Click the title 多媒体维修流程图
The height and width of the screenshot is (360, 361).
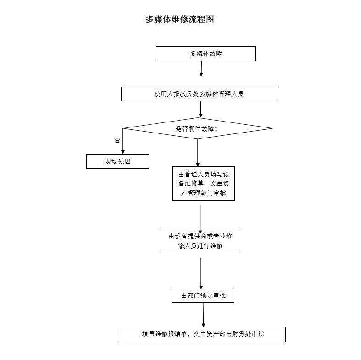point(180,19)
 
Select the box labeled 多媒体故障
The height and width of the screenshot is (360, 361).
point(206,54)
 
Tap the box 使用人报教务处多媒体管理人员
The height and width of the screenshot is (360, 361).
point(199,94)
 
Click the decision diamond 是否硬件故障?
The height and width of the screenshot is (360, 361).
point(198,128)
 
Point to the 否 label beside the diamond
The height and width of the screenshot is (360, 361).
point(117,140)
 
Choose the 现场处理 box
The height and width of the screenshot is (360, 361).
point(117,161)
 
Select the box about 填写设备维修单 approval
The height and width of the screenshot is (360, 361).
point(204,184)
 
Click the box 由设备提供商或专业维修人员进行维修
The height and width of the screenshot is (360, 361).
point(200,241)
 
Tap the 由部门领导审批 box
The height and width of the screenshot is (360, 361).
point(203,295)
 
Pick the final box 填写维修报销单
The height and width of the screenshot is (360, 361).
point(203,334)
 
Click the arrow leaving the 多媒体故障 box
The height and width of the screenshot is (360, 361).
point(201,69)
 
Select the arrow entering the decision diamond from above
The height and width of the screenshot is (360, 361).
point(200,109)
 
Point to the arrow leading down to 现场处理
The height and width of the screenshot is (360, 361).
point(123,141)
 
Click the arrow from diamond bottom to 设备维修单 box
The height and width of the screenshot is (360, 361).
point(198,153)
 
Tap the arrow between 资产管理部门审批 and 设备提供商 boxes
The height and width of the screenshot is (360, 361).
point(200,220)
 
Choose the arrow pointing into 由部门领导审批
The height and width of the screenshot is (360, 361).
point(201,273)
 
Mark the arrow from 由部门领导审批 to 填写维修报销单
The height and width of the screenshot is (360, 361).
point(203,315)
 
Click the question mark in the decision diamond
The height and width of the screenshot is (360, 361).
point(216,129)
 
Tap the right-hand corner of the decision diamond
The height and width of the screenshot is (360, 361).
point(272,128)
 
